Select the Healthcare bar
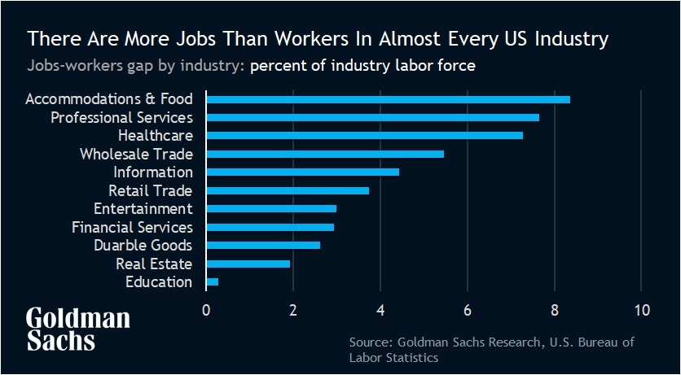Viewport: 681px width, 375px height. click(364, 136)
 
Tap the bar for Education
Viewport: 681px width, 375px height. click(213, 282)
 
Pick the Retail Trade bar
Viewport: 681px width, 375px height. click(288, 190)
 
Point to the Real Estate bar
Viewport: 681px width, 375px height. click(248, 264)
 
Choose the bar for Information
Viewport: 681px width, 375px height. click(302, 172)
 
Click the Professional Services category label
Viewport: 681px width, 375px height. click(121, 117)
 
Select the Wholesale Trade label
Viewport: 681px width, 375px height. click(136, 154)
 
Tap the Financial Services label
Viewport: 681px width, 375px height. click(132, 227)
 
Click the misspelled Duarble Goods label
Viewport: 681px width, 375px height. click(143, 246)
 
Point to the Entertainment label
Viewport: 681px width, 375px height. click(143, 209)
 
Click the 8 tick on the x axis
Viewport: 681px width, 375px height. click(555, 309)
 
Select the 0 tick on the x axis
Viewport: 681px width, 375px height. click(206, 309)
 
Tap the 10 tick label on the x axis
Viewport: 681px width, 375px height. click(641, 309)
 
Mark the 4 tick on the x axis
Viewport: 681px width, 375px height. click(380, 309)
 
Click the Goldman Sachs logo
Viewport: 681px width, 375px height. click(77, 329)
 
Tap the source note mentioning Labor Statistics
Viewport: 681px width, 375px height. click(491, 350)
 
